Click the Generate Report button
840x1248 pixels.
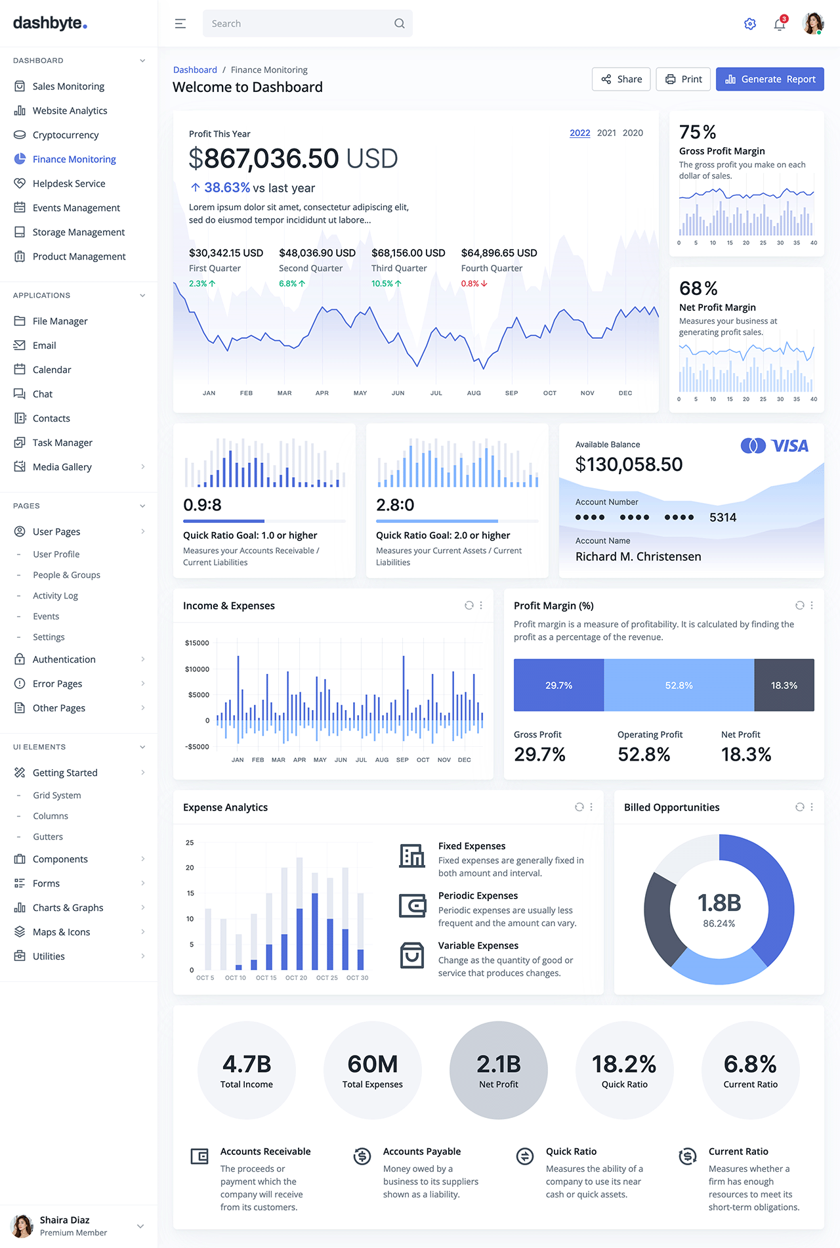pos(770,79)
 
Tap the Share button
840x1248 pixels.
pos(621,79)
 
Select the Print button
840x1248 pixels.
pos(683,79)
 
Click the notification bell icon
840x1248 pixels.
pos(780,24)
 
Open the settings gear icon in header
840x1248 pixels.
pos(750,24)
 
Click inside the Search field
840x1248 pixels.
pos(299,24)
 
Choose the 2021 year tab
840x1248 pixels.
pos(606,133)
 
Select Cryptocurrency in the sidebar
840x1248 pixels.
pos(66,135)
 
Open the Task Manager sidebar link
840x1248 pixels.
pos(62,443)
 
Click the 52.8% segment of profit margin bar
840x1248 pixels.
pos(679,685)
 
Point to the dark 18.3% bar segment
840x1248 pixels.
pos(784,685)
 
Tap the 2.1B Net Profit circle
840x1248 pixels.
pos(499,1070)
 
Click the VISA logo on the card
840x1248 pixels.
pos(775,446)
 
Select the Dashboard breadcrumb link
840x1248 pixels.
pos(195,70)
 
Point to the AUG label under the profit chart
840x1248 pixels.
pos(474,393)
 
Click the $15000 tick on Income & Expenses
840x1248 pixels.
pos(197,643)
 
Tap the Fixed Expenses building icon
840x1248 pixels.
pos(412,855)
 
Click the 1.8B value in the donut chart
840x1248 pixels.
pos(719,903)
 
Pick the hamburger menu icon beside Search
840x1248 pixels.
pos(180,24)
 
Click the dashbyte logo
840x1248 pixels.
pos(50,23)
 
